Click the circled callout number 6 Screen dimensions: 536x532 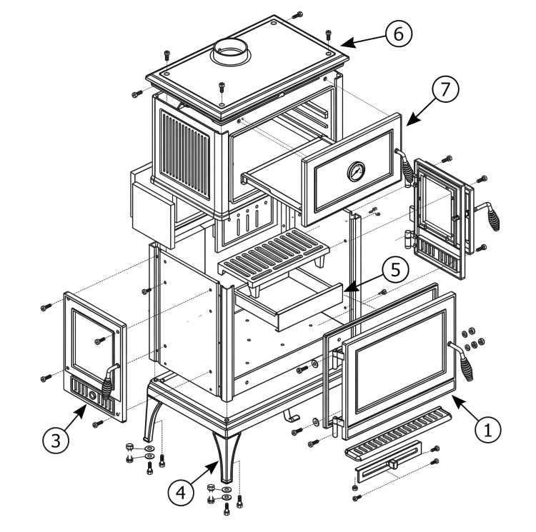pos(399,34)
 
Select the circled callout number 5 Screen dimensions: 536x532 pos(395,270)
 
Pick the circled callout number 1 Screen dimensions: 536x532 pos(488,429)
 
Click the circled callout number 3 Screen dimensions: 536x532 pos(56,441)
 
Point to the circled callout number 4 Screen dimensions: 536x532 pos(181,493)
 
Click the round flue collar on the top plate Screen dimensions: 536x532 pos(231,51)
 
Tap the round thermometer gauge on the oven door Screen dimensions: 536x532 pos(356,171)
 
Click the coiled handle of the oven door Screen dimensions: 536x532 pos(405,166)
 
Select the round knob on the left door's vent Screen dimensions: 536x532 pos(93,396)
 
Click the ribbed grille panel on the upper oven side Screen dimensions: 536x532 pos(185,155)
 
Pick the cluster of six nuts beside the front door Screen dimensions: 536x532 pos(473,338)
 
